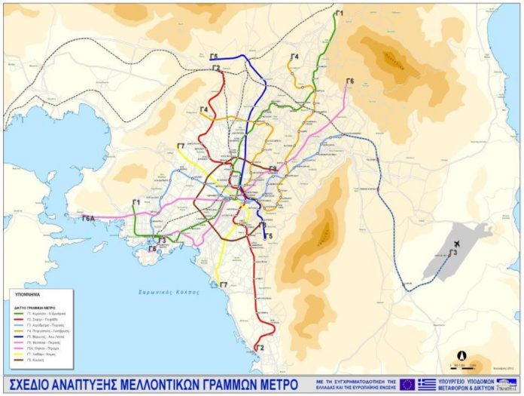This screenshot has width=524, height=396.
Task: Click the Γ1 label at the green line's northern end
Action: [339, 13]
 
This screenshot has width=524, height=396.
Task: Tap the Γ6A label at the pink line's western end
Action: [90, 218]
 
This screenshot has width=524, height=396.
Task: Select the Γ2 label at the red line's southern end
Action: [260, 348]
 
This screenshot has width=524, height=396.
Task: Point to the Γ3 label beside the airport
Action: [453, 253]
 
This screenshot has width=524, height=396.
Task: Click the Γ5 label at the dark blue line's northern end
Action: [215, 57]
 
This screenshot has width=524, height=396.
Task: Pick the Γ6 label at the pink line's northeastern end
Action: [349, 81]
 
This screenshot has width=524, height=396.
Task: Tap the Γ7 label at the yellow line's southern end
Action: [224, 284]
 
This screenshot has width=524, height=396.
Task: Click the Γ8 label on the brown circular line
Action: [273, 170]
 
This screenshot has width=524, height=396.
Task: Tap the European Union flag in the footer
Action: [407, 384]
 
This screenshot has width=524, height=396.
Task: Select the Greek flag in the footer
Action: [426, 384]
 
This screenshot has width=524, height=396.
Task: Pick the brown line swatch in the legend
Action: [22, 361]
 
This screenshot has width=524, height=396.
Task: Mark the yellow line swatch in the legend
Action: [22, 354]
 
